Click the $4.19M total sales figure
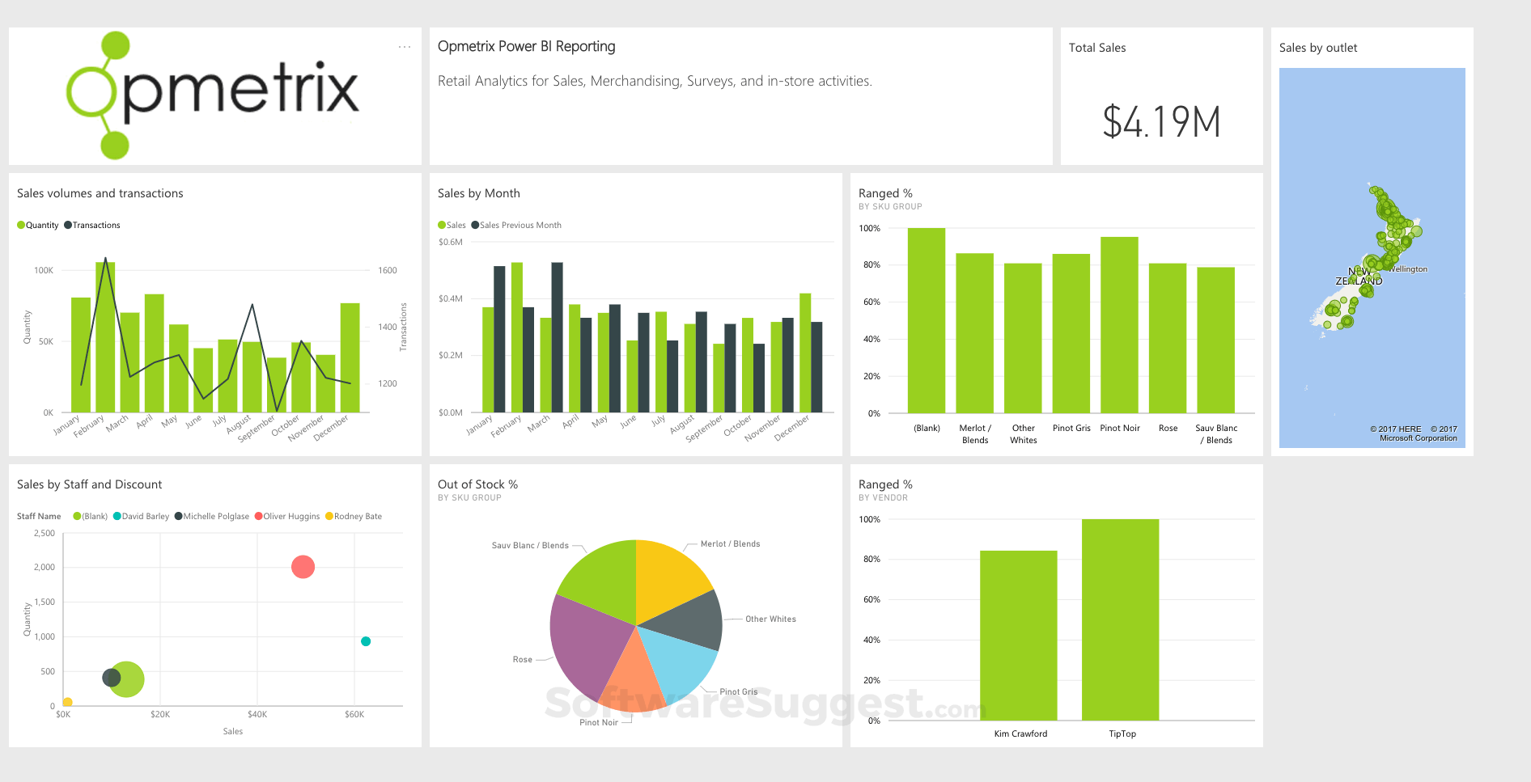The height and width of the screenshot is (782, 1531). tap(1161, 122)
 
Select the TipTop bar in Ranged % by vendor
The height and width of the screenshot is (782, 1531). tap(1120, 619)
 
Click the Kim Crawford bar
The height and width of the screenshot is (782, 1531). tap(1018, 635)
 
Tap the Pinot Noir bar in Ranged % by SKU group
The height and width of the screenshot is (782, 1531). tap(1119, 324)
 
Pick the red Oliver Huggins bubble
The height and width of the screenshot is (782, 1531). tap(303, 567)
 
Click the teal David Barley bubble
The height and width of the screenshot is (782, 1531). tap(366, 641)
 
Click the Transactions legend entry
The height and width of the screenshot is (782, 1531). tap(95, 226)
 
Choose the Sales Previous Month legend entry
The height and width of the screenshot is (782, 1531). tap(520, 226)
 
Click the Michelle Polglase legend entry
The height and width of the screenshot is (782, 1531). tap(215, 517)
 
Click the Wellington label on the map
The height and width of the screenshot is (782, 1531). tap(1409, 269)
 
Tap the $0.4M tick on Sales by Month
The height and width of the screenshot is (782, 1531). tap(451, 299)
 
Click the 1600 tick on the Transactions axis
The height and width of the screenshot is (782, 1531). tap(388, 271)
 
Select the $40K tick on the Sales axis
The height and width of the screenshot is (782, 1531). tap(257, 715)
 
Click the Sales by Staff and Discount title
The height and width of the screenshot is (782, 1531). tap(90, 484)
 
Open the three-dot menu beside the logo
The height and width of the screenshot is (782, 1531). tap(405, 47)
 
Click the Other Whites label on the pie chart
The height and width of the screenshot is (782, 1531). tap(770, 619)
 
